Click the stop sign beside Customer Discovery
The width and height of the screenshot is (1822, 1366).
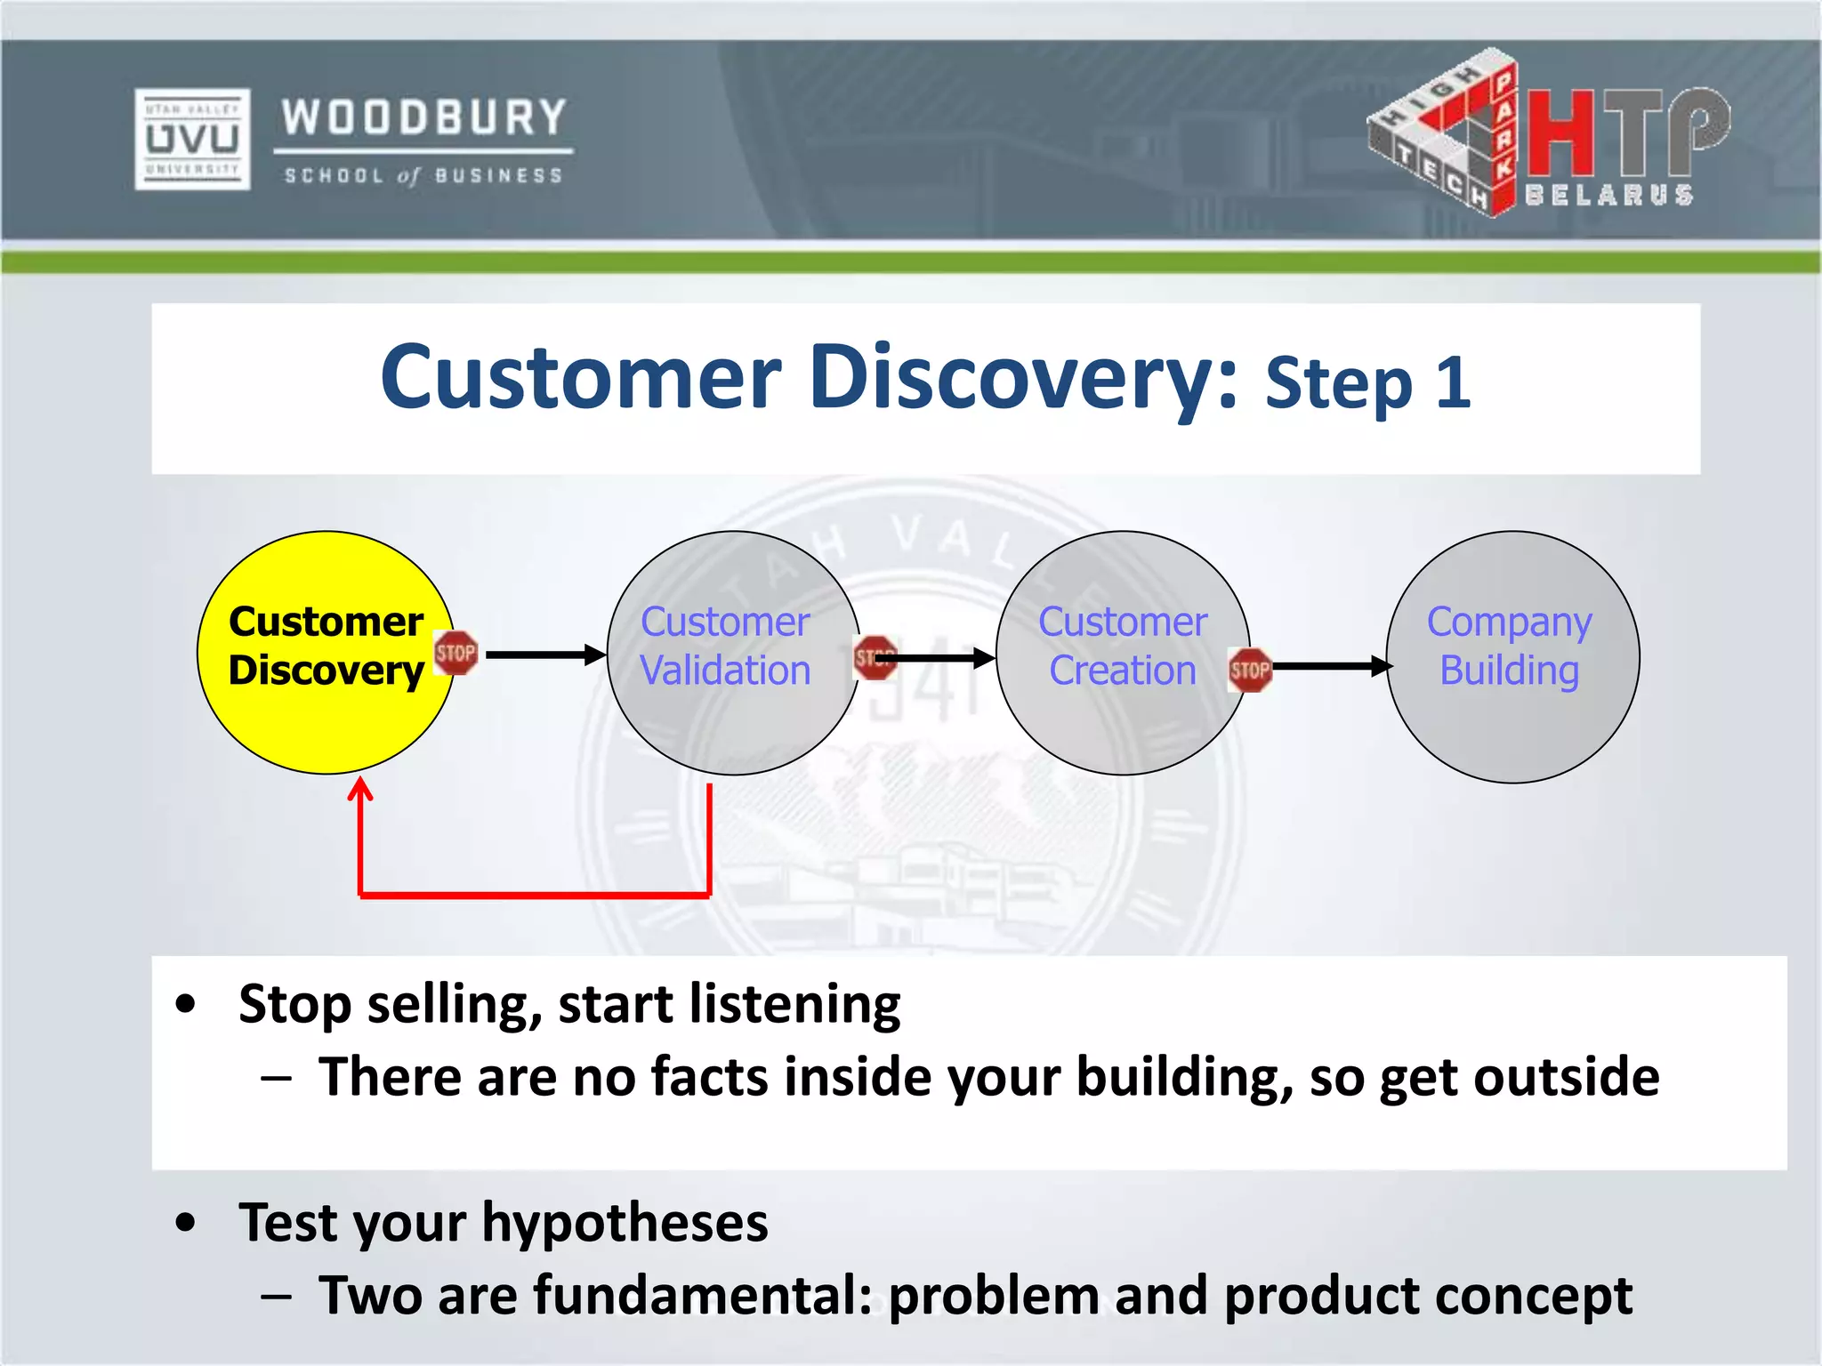(455, 654)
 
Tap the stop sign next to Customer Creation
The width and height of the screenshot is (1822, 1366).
(1250, 670)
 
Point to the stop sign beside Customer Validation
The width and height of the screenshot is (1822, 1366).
(874, 658)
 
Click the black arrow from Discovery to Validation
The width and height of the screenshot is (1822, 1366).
(544, 655)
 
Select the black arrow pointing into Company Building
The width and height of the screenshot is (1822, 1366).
(1330, 666)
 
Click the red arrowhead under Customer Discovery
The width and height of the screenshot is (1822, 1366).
(360, 790)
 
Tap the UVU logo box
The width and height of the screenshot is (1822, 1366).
(192, 139)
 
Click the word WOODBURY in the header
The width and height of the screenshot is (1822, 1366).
(424, 117)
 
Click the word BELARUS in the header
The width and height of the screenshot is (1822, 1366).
(1608, 196)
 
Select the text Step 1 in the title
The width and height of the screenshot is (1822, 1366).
(1367, 384)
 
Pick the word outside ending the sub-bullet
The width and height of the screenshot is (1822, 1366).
(1566, 1078)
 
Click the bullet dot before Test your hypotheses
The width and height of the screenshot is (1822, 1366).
(185, 1223)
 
